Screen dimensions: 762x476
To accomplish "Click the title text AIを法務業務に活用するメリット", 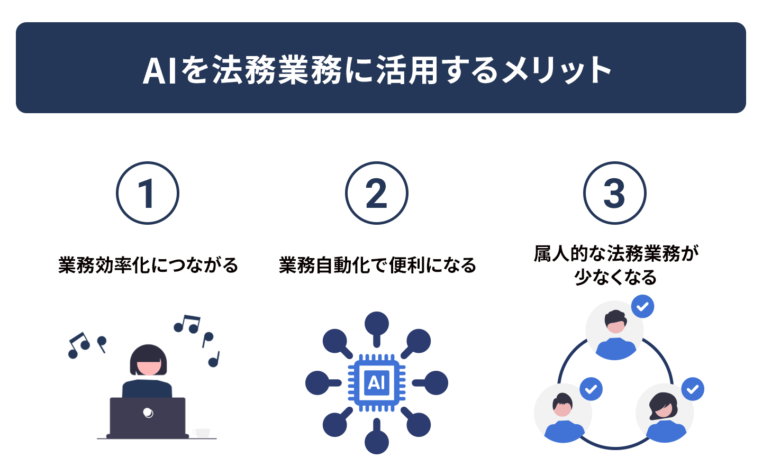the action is click(377, 70).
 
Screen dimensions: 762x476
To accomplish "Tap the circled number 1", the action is click(148, 193).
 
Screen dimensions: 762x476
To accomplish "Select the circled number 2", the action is click(377, 193).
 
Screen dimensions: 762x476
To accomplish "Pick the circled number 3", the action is click(615, 193).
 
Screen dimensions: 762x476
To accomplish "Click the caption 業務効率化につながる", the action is click(148, 265).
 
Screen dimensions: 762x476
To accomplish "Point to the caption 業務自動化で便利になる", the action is click(377, 265).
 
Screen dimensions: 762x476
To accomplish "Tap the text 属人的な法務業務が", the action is click(616, 254).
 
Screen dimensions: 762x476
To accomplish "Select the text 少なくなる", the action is click(615, 277).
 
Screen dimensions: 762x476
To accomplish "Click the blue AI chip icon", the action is click(377, 383).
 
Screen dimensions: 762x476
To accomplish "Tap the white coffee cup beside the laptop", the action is click(202, 433).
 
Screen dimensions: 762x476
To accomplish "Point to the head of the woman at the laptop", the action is click(148, 360).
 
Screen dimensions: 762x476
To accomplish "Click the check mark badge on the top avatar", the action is click(642, 306).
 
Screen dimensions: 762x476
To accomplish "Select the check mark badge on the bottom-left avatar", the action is click(591, 389).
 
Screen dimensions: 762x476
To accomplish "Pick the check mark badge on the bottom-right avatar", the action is click(693, 389).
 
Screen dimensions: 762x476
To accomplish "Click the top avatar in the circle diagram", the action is click(615, 330).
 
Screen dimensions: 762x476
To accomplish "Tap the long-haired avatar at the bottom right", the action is click(665, 413).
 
